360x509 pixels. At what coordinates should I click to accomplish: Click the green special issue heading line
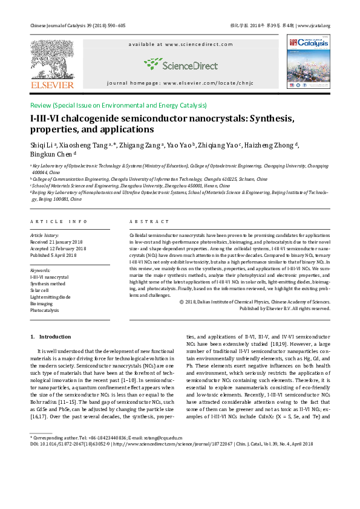[x=119, y=105]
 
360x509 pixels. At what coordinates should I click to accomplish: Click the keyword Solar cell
[x=41, y=290]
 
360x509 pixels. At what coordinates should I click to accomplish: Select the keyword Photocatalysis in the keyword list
[x=45, y=310]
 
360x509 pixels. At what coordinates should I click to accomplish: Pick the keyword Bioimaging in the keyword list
[x=42, y=303]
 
